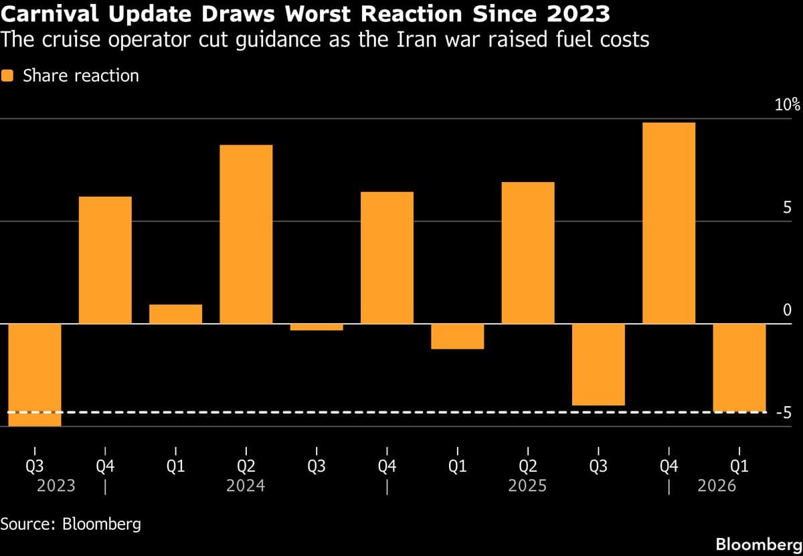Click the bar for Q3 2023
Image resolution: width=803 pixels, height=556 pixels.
tap(35, 375)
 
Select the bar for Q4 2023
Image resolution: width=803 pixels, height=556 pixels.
tap(105, 260)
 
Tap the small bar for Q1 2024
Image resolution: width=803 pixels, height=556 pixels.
tap(175, 314)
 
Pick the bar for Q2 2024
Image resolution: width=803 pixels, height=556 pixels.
tap(246, 234)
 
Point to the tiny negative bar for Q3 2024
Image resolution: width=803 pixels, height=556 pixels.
tap(317, 327)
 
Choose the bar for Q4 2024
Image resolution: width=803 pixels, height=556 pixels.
tap(387, 258)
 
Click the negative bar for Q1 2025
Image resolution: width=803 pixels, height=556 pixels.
tap(457, 337)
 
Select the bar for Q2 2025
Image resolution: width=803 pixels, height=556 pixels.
tap(528, 253)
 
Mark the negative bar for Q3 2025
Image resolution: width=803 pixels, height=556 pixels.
tap(598, 365)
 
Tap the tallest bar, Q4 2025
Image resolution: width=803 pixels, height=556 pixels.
tap(668, 223)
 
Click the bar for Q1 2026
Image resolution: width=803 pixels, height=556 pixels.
tap(739, 367)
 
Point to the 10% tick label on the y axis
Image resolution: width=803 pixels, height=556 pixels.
tap(787, 104)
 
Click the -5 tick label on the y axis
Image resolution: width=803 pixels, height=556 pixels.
tap(784, 413)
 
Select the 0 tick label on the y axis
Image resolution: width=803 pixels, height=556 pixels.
tap(787, 310)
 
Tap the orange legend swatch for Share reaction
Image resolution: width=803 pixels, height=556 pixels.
tap(8, 76)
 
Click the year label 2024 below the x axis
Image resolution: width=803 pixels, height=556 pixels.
tap(246, 485)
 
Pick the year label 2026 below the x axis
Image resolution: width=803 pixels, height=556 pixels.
tap(717, 485)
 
